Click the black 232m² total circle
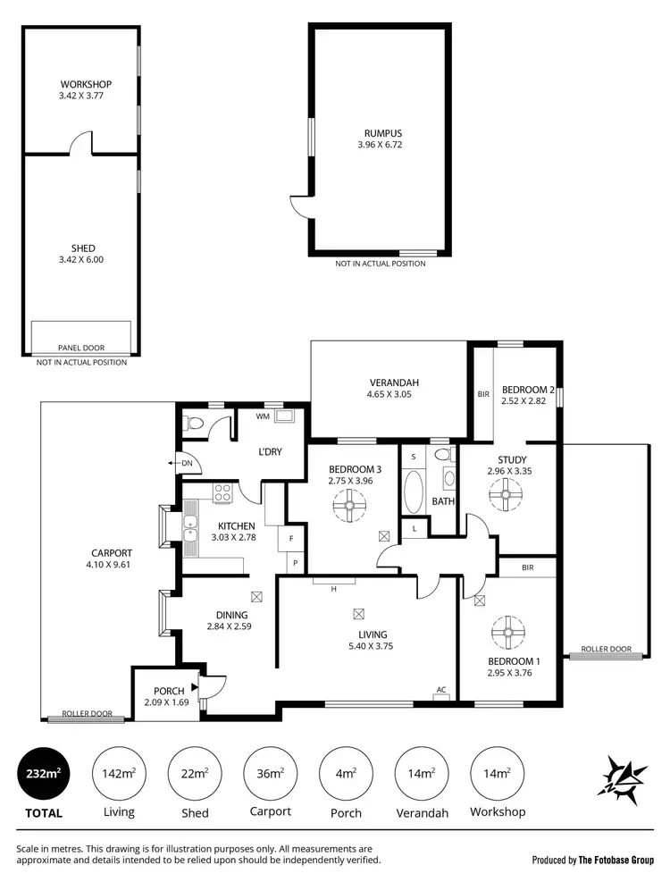pos(44,772)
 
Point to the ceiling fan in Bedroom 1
pos(507,634)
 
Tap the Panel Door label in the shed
pos(81,348)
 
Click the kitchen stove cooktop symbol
pos(222,492)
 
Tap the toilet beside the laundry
pos(192,423)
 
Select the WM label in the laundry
pos(263,416)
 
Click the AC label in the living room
pos(440,690)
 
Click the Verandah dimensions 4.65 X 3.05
pos(392,394)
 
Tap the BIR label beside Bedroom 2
pos(483,394)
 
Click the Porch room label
pos(168,690)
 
